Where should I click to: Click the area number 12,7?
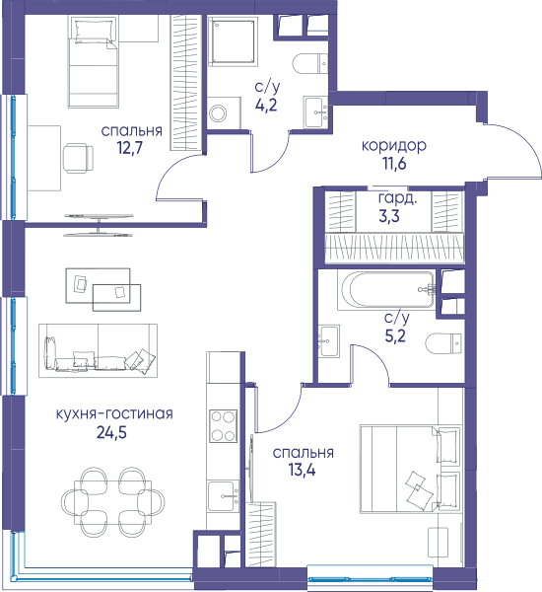click(130, 148)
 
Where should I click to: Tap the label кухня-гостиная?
click(114, 414)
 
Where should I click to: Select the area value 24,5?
click(111, 433)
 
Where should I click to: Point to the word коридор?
click(394, 146)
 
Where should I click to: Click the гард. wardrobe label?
click(397, 198)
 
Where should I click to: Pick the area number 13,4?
click(302, 470)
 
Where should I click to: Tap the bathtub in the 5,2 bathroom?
click(386, 290)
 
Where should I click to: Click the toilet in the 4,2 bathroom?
click(309, 63)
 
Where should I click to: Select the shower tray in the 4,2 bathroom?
click(233, 41)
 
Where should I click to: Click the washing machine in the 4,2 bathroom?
click(224, 112)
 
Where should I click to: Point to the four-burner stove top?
click(224, 426)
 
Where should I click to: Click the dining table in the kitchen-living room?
click(112, 502)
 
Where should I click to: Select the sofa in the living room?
click(99, 350)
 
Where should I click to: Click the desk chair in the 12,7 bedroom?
click(78, 158)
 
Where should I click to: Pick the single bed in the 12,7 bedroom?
click(94, 62)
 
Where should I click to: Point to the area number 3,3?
click(389, 217)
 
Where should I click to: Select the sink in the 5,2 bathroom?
click(329, 340)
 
